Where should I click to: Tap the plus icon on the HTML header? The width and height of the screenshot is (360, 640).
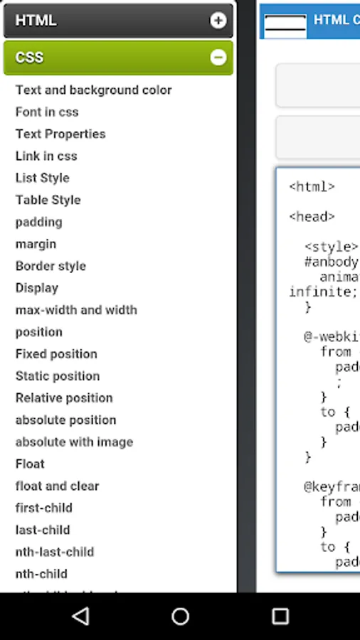[x=218, y=21]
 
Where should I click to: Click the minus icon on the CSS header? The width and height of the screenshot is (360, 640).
[x=218, y=58]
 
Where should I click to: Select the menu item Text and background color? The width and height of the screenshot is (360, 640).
[x=93, y=90]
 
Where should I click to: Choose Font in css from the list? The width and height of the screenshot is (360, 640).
[x=47, y=112]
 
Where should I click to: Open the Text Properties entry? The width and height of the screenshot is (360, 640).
[x=60, y=134]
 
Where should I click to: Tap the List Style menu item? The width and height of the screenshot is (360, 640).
[x=43, y=178]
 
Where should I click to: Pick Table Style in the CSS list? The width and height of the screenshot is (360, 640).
[x=48, y=201]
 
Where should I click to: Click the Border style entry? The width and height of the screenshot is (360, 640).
[x=51, y=267]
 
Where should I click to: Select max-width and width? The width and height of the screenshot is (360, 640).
[x=76, y=311]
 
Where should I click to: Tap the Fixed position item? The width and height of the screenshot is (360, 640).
[x=56, y=355]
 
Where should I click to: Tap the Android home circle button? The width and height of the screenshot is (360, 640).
[x=180, y=617]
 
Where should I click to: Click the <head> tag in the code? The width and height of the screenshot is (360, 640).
[x=312, y=217]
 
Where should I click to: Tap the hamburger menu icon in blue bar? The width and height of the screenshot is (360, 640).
[x=285, y=23]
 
